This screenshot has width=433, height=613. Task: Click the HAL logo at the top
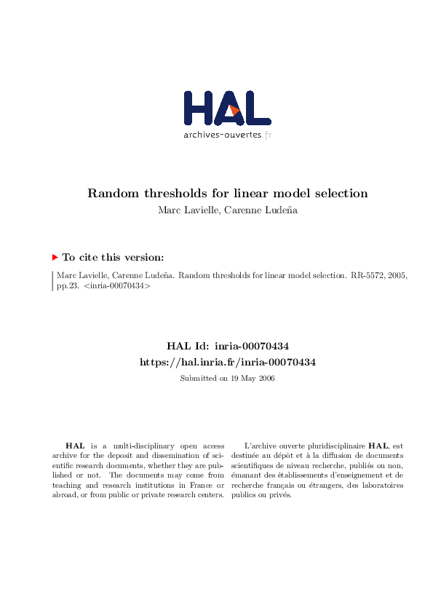pyautogui.click(x=226, y=109)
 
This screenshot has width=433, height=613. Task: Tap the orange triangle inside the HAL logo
pyautogui.click(x=234, y=110)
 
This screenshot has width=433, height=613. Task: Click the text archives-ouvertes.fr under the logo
pyautogui.click(x=226, y=135)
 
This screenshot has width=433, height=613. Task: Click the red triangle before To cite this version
pyautogui.click(x=55, y=257)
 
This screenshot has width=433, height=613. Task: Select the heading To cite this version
pyautogui.click(x=113, y=257)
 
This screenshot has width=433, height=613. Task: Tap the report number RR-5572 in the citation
pyautogui.click(x=363, y=276)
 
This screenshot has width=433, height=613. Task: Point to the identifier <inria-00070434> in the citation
pyautogui.click(x=116, y=287)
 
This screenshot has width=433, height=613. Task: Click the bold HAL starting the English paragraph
pyautogui.click(x=74, y=445)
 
